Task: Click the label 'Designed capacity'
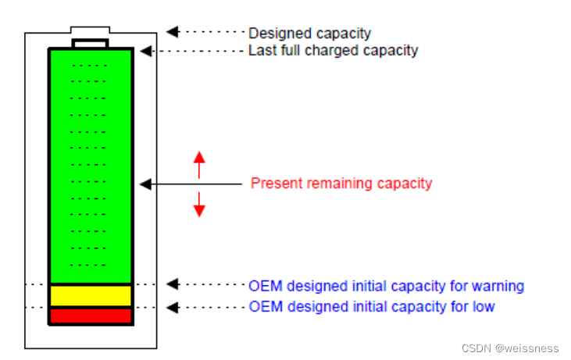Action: (x=309, y=34)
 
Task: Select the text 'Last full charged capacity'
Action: (x=333, y=51)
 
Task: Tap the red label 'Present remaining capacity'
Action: (x=341, y=184)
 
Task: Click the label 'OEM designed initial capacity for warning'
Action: (x=386, y=286)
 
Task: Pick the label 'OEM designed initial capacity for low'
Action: (x=371, y=306)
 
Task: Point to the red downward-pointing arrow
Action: (x=199, y=205)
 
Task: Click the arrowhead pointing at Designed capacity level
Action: (x=173, y=32)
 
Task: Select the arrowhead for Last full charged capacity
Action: (x=145, y=51)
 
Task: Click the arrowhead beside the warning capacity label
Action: (x=173, y=284)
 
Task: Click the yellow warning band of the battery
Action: (x=91, y=295)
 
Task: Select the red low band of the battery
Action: (x=91, y=315)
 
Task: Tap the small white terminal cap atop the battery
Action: (x=91, y=42)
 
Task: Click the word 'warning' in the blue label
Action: (x=499, y=286)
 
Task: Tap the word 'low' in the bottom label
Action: (x=484, y=306)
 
